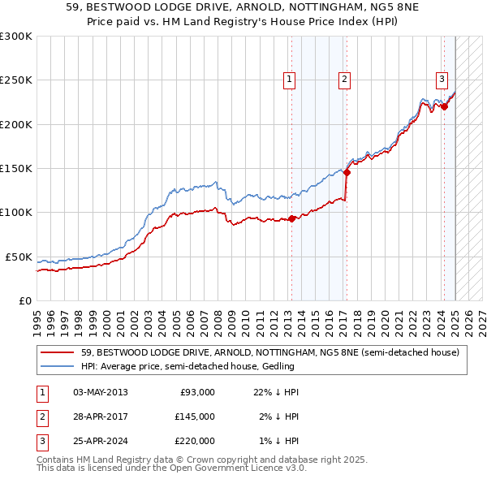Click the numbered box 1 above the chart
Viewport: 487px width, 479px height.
click(x=290, y=79)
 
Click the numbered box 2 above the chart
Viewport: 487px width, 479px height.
click(x=345, y=79)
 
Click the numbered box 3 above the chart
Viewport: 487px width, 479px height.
click(x=442, y=79)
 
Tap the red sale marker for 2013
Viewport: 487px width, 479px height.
click(x=291, y=218)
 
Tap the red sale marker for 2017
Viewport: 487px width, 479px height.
click(x=347, y=172)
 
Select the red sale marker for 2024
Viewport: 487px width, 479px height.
click(x=444, y=106)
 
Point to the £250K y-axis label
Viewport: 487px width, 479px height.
click(x=16, y=80)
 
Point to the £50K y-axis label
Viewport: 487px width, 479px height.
click(x=19, y=257)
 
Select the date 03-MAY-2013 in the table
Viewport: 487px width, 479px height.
click(x=100, y=392)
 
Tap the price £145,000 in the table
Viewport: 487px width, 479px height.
click(x=195, y=416)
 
